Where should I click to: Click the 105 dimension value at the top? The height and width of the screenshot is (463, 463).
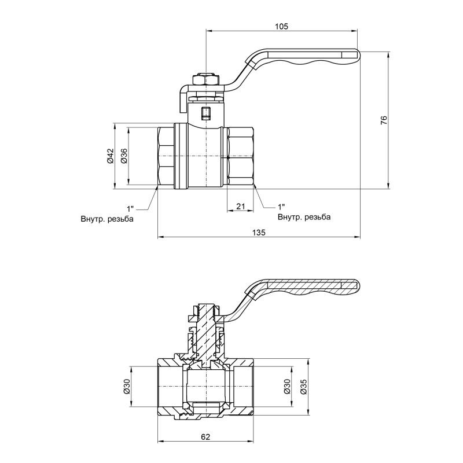pyautogui.click(x=282, y=26)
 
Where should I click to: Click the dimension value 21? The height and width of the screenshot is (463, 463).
pyautogui.click(x=241, y=206)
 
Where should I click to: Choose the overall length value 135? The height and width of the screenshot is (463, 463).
pyautogui.click(x=259, y=232)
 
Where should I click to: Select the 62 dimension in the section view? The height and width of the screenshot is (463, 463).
pyautogui.click(x=205, y=437)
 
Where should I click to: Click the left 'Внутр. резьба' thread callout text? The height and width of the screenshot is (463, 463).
pyautogui.click(x=107, y=219)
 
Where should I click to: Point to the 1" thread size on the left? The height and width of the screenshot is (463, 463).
pyautogui.click(x=130, y=207)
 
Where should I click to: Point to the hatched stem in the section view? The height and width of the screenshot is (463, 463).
pyautogui.click(x=205, y=330)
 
